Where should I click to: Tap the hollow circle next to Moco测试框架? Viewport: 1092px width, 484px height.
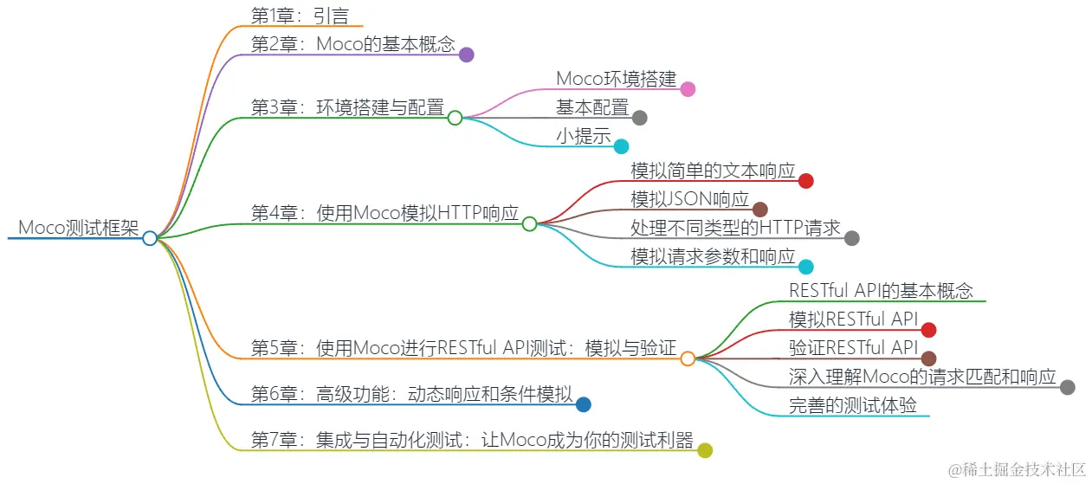(150, 238)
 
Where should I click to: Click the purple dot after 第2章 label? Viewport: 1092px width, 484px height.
(466, 55)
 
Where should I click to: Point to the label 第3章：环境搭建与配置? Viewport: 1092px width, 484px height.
(347, 107)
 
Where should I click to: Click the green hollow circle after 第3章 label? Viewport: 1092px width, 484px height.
(456, 118)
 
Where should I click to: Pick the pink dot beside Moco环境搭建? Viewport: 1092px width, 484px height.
(688, 88)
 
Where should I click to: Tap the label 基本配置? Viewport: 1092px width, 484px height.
(592, 107)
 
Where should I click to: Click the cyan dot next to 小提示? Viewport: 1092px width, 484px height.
(621, 146)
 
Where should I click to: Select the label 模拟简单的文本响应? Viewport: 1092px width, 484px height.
(713, 171)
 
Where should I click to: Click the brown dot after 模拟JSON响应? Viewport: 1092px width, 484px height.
(760, 210)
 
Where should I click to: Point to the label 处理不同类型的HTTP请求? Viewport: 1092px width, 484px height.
(735, 228)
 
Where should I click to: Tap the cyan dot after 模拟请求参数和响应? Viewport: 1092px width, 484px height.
(805, 267)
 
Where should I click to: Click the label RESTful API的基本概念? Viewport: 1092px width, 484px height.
(881, 290)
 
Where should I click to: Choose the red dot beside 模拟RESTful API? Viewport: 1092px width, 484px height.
(928, 329)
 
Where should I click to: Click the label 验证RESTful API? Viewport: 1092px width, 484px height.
(852, 348)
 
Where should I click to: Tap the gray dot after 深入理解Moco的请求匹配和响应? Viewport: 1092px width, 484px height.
(1067, 387)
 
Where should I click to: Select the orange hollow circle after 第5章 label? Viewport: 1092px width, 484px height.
(688, 358)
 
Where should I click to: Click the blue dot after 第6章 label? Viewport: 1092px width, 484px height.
(584, 403)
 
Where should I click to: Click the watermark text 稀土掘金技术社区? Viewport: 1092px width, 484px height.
(1026, 469)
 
